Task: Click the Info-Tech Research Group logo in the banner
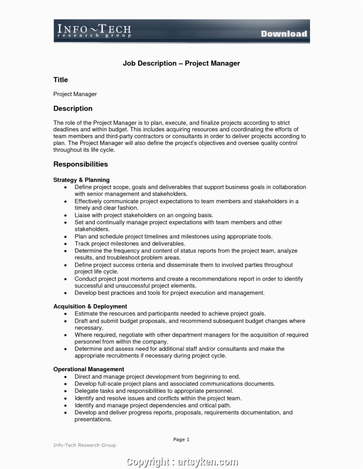coord(94,31)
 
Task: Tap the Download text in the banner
coord(284,34)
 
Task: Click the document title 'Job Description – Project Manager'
coord(181,64)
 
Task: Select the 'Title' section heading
coord(61,80)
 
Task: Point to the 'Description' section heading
coord(73,109)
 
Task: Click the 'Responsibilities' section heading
coord(81,164)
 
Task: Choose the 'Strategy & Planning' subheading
coord(81,180)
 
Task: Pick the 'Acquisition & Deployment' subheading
coord(90,306)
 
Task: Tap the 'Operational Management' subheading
coord(89,369)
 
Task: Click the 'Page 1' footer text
coord(181,439)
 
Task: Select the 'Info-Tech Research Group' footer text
coord(84,445)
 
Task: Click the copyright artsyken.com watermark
coord(182,462)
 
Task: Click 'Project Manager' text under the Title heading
coord(75,94)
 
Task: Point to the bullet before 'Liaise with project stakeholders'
coord(66,215)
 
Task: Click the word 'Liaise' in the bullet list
coord(83,215)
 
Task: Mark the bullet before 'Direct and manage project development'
coord(66,377)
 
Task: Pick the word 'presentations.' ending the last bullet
coord(93,419)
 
